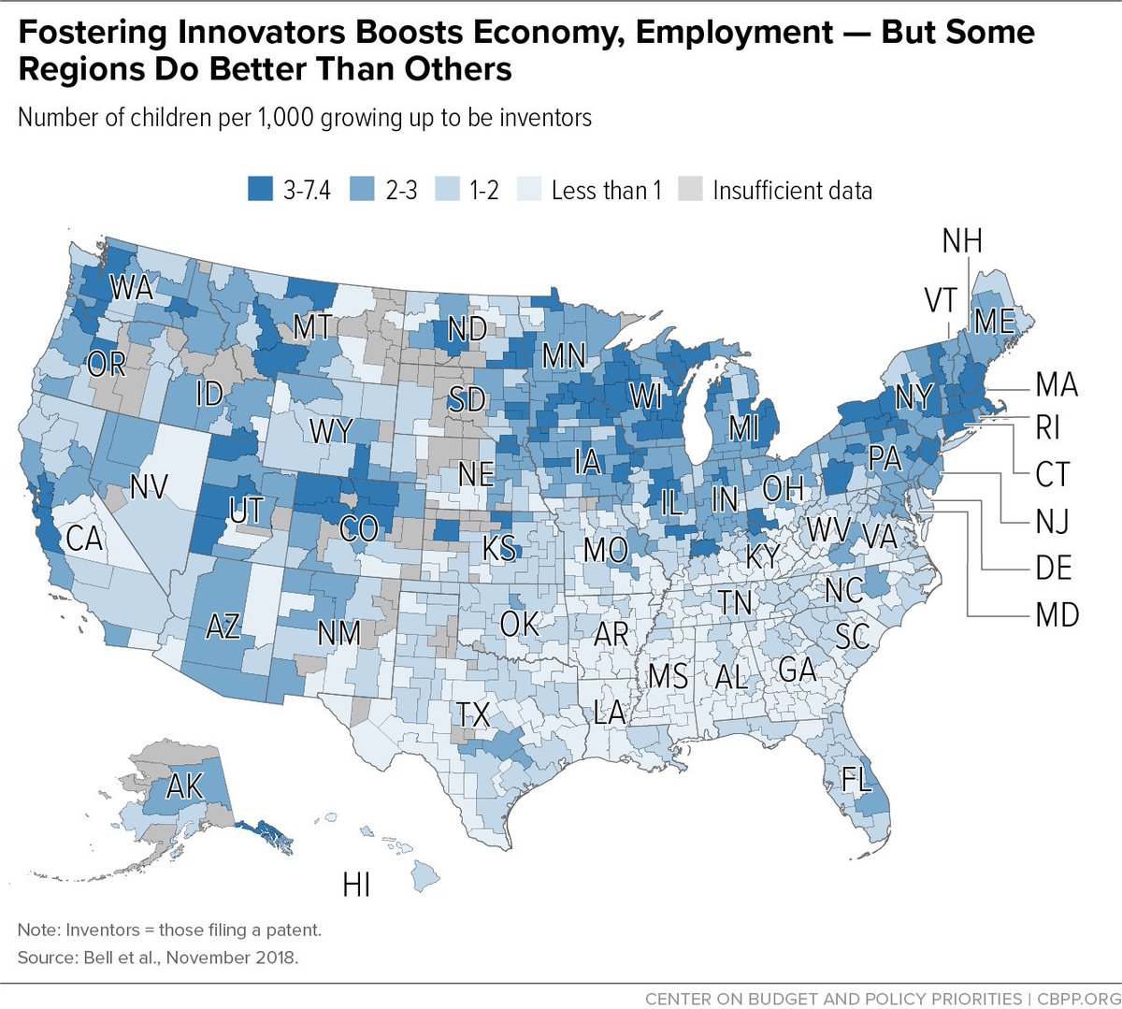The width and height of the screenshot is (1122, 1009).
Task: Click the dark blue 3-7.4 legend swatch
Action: pyautogui.click(x=260, y=190)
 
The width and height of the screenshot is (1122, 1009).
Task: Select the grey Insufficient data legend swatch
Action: pyautogui.click(x=689, y=190)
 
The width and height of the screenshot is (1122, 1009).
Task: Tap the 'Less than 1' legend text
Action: pyautogui.click(x=606, y=191)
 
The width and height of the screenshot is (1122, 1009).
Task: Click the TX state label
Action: pyautogui.click(x=473, y=715)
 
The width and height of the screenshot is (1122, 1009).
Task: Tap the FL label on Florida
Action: pyautogui.click(x=856, y=779)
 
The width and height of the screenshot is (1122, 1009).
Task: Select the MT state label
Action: pyautogui.click(x=312, y=327)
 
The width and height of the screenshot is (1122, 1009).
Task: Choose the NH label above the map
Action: pyautogui.click(x=962, y=241)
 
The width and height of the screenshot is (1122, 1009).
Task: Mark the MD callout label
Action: pyautogui.click(x=1057, y=615)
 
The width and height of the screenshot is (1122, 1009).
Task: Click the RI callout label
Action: pyautogui.click(x=1047, y=428)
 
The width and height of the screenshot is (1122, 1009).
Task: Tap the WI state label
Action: pyautogui.click(x=645, y=396)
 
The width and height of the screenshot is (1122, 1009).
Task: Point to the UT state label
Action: pyautogui.click(x=246, y=511)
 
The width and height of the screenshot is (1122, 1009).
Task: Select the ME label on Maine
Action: pyautogui.click(x=994, y=322)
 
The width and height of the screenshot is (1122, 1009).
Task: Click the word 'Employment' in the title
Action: pyautogui.click(x=735, y=33)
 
